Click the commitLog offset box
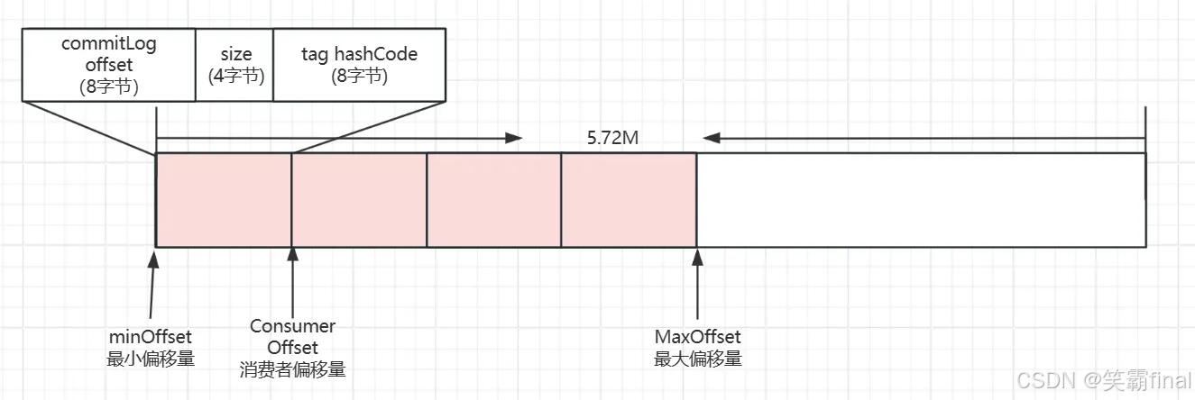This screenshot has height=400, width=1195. [108, 65]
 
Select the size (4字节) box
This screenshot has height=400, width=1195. [234, 65]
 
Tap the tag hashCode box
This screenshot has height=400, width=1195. [359, 65]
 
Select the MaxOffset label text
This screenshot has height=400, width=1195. [697, 338]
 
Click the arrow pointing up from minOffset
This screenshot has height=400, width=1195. [153, 284]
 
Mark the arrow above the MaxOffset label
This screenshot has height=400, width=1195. [697, 284]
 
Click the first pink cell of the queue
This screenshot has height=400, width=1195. [224, 200]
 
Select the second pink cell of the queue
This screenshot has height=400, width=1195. [359, 200]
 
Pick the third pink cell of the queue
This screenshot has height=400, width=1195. [493, 200]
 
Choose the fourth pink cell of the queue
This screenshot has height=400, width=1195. [629, 200]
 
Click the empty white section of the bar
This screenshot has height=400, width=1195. [920, 200]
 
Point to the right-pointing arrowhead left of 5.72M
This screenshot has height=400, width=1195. [514, 138]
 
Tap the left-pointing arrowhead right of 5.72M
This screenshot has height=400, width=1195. [712, 138]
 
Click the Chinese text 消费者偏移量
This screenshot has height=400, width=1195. [292, 369]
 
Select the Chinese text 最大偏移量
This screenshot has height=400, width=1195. [697, 359]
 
